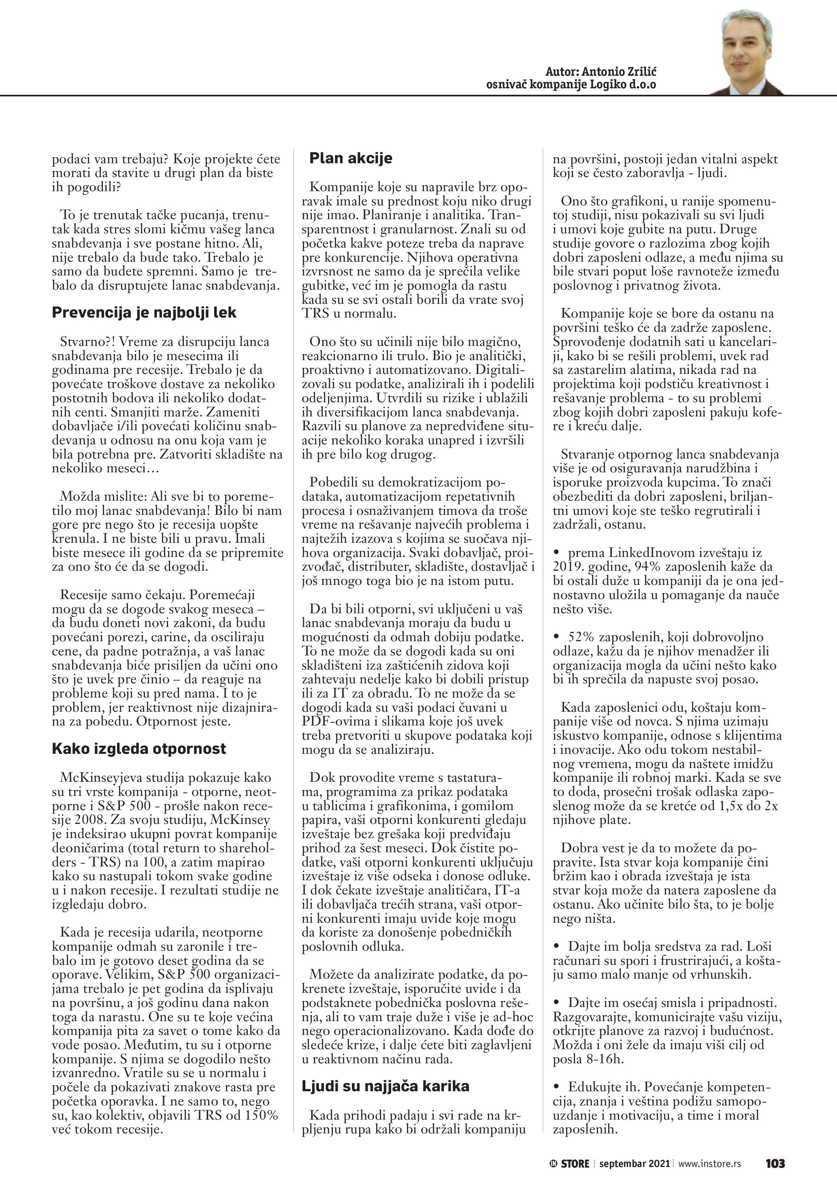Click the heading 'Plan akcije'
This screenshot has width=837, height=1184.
pyautogui.click(x=350, y=158)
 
